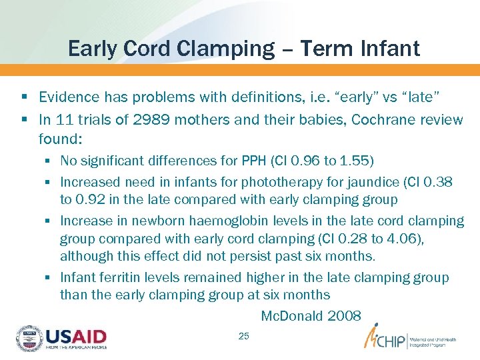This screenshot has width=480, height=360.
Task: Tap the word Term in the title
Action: pyautogui.click(x=317, y=49)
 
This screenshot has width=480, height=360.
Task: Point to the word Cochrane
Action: pyautogui.click(x=379, y=119)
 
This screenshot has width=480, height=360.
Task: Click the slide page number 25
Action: pyautogui.click(x=243, y=336)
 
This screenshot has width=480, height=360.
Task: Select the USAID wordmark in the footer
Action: pyautogui.click(x=75, y=337)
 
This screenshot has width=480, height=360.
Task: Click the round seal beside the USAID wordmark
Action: pyautogui.click(x=29, y=339)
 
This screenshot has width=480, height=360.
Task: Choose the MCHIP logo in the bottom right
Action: pyautogui.click(x=408, y=338)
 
